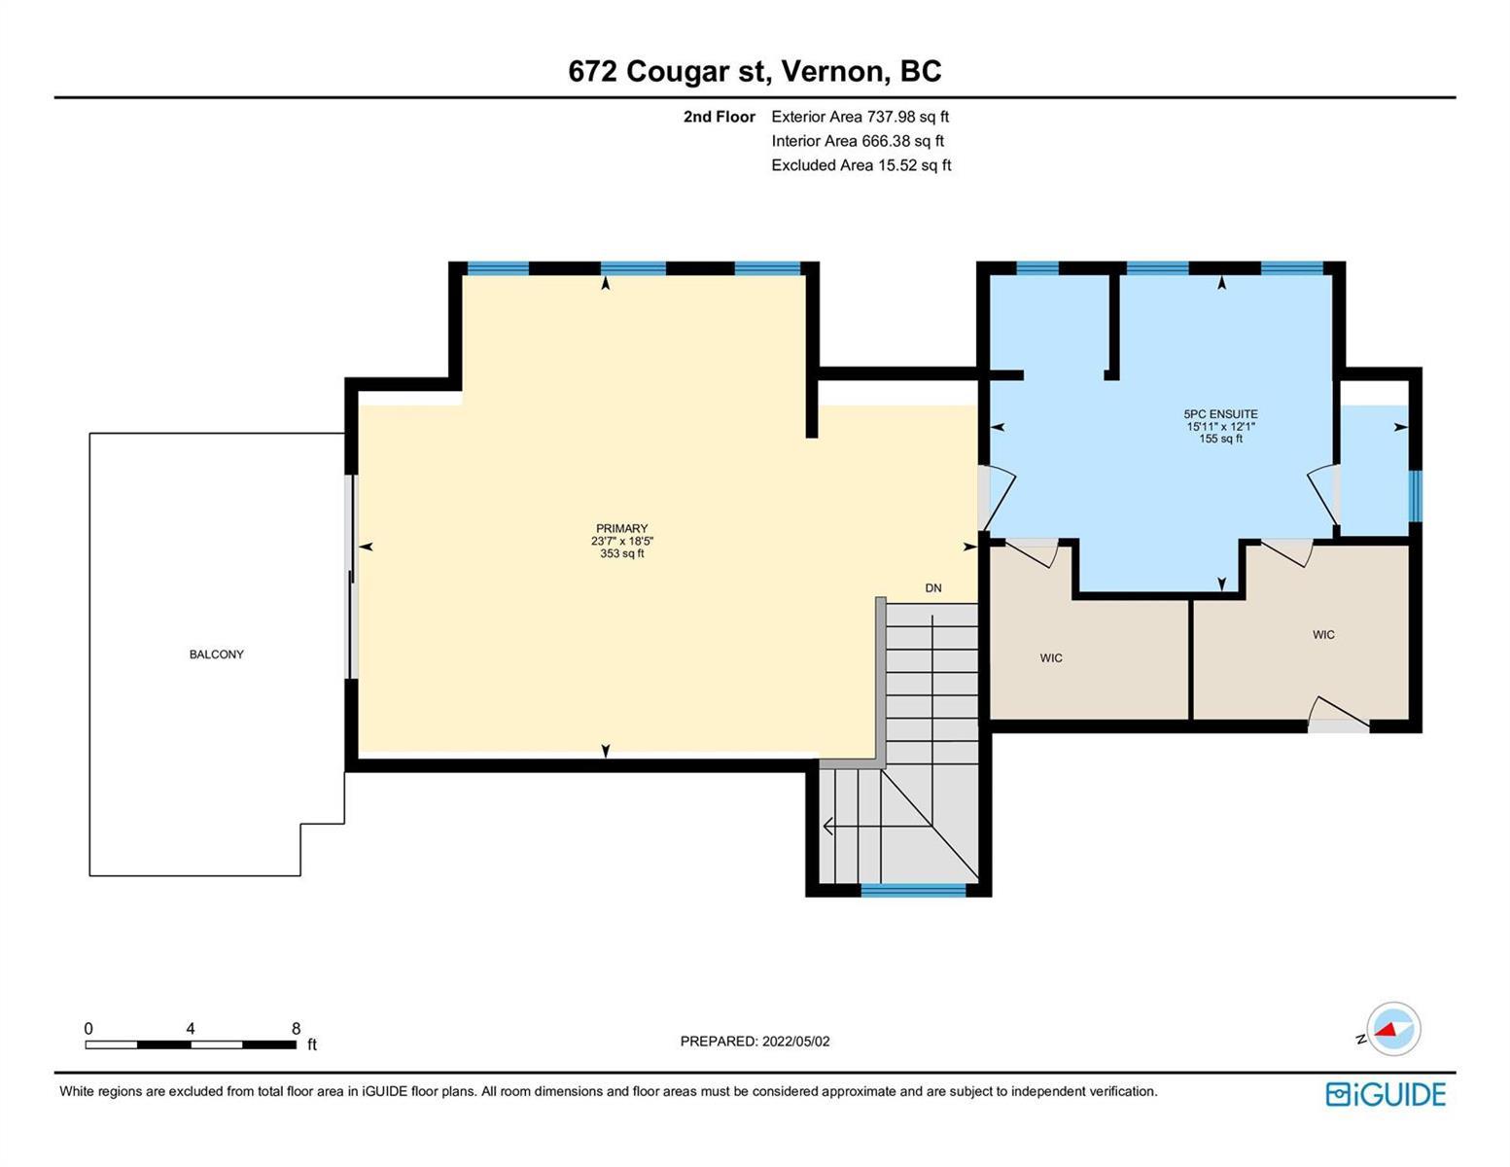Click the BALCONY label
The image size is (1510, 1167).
216,654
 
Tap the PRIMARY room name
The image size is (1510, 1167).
621,528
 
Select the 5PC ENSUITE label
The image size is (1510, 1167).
1220,414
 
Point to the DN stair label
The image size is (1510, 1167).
932,588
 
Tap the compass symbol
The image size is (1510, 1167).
1392,1029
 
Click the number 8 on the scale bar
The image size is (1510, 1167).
296,1028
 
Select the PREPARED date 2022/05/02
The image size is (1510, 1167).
795,1042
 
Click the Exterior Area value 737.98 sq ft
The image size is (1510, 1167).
907,117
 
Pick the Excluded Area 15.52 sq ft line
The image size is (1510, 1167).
860,165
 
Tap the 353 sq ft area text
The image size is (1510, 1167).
622,553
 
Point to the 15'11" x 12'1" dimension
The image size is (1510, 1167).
1220,426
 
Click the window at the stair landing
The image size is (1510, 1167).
913,891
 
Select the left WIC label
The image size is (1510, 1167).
1051,658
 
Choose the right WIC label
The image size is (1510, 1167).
1323,635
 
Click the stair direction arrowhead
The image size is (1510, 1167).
828,827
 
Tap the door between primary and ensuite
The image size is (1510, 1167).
998,498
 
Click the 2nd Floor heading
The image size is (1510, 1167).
720,117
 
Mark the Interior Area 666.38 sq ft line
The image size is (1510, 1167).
858,141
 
